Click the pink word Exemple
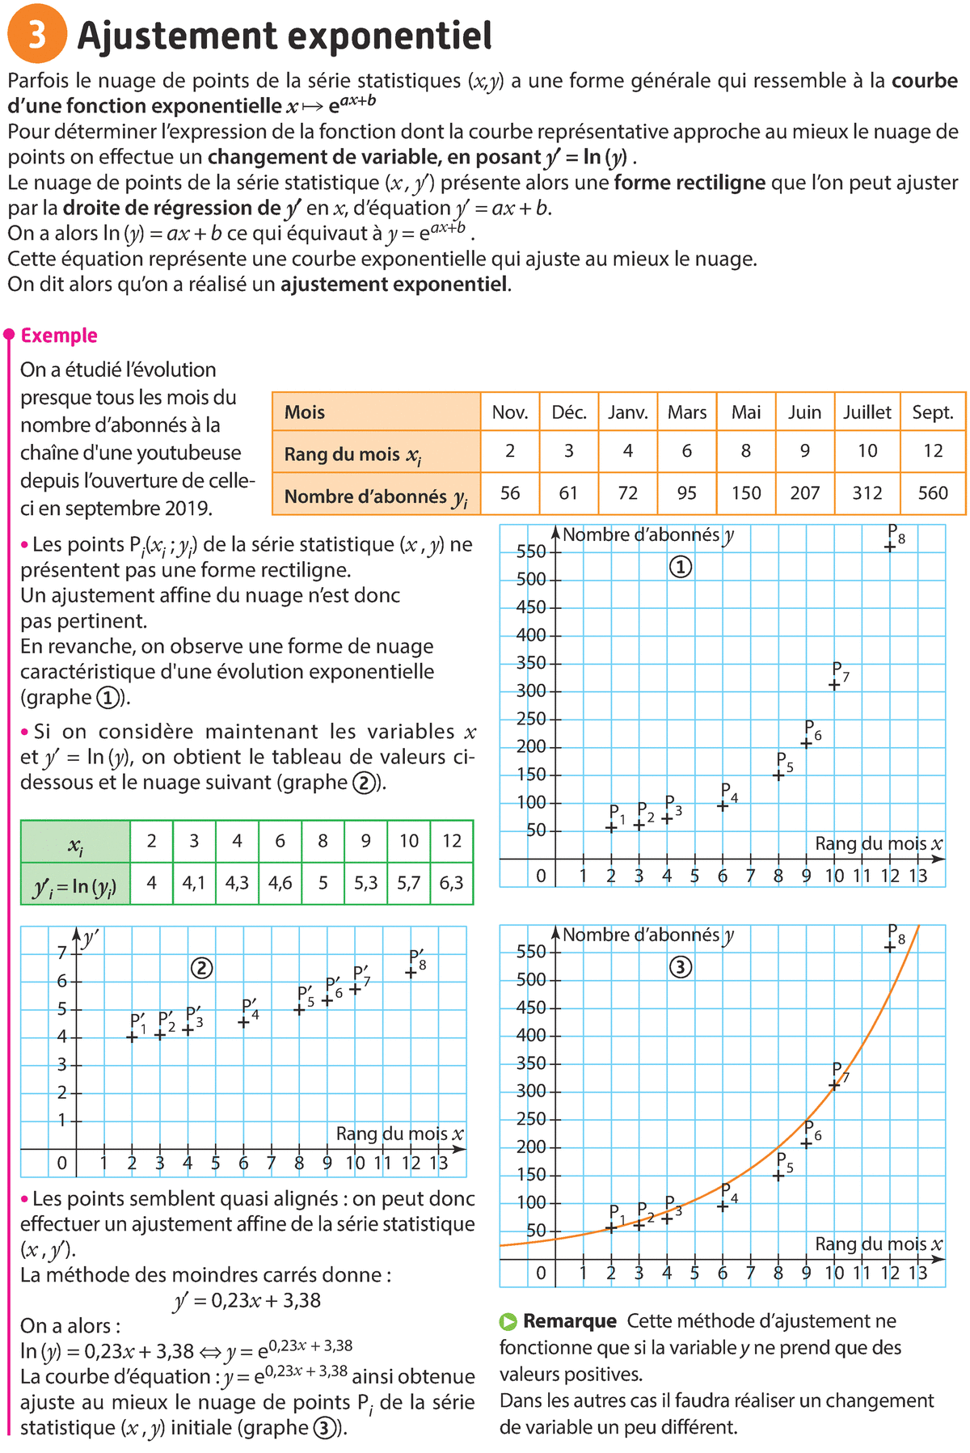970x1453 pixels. (x=59, y=336)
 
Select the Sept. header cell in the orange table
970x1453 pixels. (x=933, y=412)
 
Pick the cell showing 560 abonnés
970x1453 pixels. (x=933, y=493)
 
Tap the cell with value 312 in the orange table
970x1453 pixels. (x=867, y=493)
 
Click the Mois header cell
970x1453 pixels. (x=377, y=412)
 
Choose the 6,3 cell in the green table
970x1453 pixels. (x=452, y=883)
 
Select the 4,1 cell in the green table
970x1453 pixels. (x=194, y=883)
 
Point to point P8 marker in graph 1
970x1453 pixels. (x=890, y=547)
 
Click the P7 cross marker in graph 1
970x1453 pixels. (x=834, y=685)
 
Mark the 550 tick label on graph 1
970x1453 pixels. (x=531, y=552)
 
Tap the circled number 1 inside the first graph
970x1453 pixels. (x=681, y=568)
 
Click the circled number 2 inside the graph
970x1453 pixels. (x=201, y=968)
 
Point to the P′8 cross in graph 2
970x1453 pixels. (x=411, y=973)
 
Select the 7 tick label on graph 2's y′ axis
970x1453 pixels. (x=62, y=953)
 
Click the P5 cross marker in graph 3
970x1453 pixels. (x=778, y=1176)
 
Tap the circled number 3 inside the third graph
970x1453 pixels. (x=681, y=967)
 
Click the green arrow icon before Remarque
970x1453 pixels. (x=508, y=1322)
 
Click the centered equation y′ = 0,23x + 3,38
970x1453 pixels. (x=247, y=1300)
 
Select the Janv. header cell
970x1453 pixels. (x=628, y=412)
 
